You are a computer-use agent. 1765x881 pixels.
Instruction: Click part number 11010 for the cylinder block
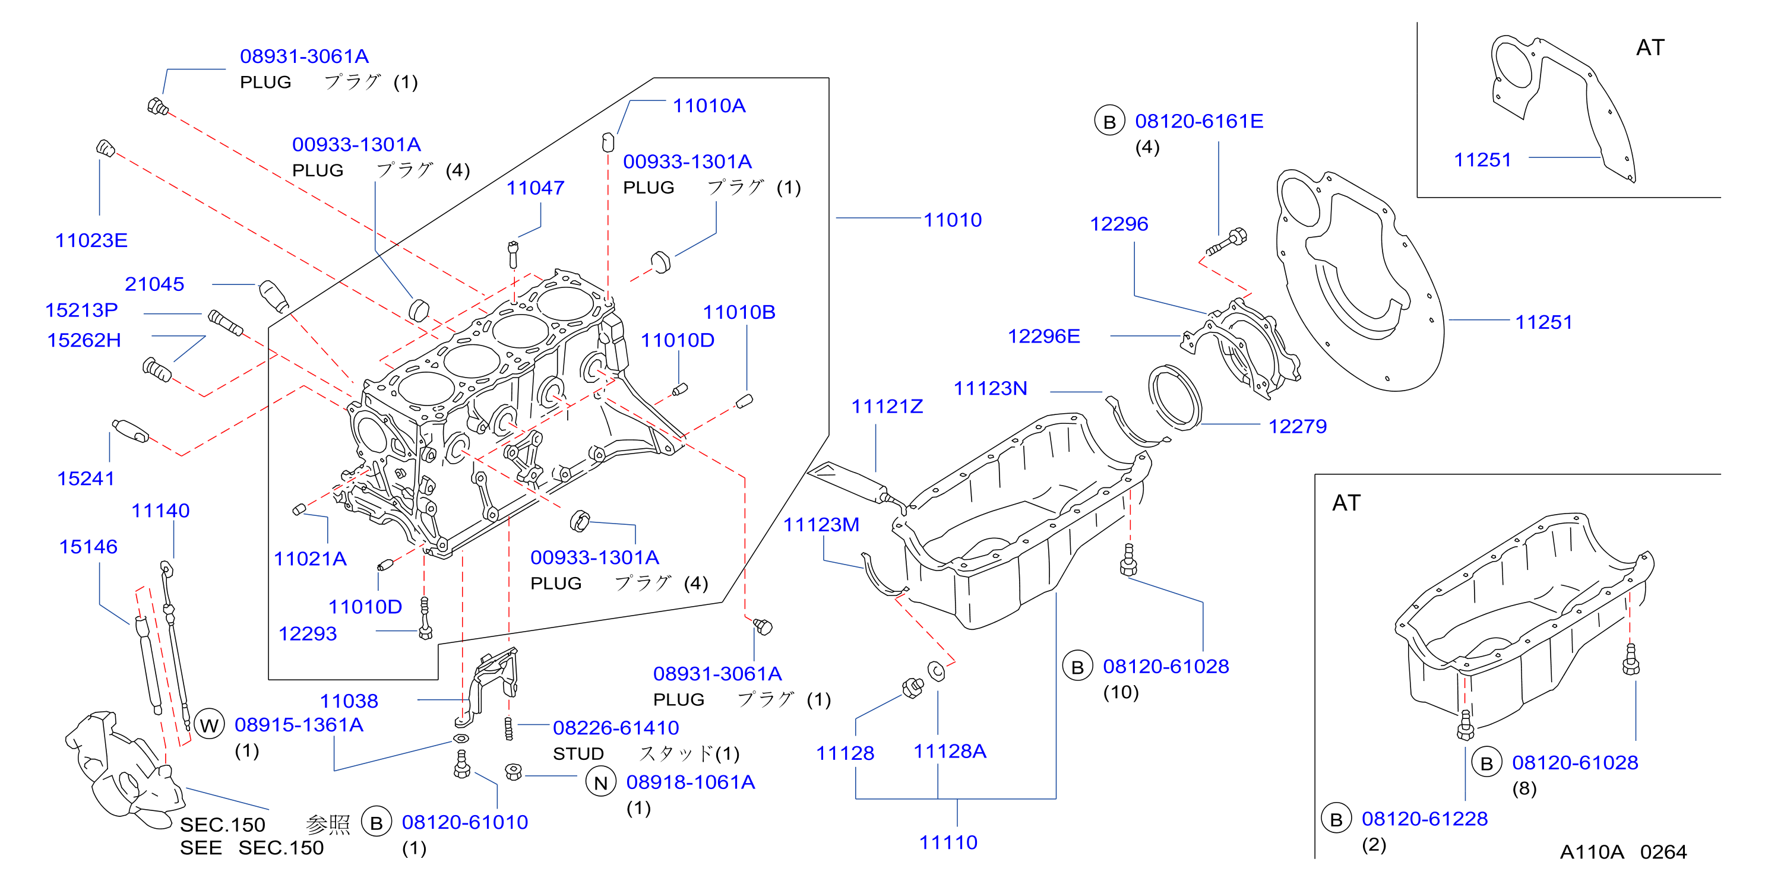953,220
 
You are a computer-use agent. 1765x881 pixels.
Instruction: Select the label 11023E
91,240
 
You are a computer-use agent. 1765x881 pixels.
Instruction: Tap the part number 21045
154,284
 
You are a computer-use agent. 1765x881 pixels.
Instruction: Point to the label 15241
86,479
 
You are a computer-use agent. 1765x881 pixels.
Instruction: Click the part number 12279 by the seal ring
1297,427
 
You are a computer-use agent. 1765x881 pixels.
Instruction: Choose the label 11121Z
887,407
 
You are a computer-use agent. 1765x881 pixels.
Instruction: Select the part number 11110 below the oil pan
948,842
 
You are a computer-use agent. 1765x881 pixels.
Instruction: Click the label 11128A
950,752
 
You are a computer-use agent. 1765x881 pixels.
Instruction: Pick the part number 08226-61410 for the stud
615,728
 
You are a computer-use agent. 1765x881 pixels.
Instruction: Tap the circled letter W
209,725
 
